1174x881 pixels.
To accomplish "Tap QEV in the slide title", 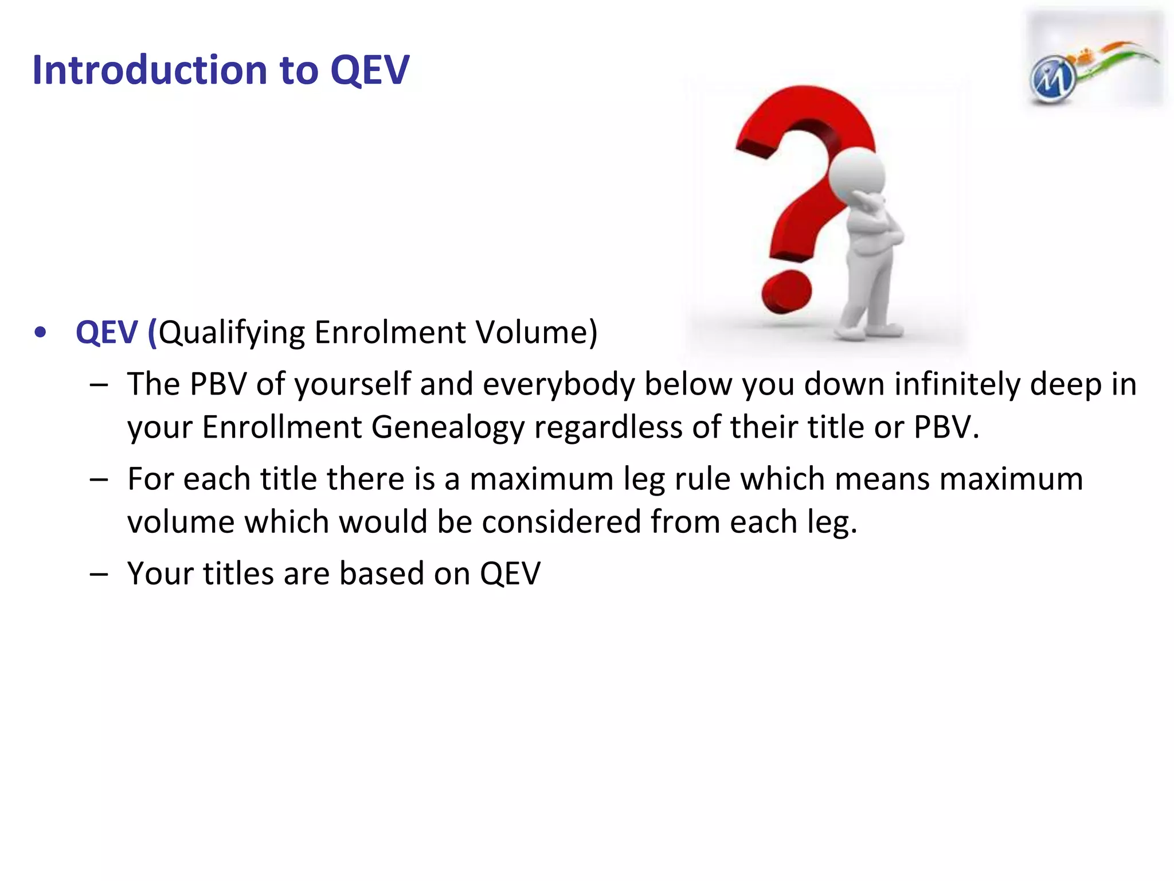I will pos(370,70).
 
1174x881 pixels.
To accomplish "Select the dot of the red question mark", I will pos(786,292).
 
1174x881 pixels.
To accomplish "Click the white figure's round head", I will pos(857,172).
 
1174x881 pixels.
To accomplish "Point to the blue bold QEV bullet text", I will pos(107,332).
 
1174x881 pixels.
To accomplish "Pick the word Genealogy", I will pos(448,427).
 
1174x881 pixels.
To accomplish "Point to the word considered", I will pos(561,522).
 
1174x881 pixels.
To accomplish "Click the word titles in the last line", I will pos(238,573).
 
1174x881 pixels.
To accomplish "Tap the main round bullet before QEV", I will pos(40,333).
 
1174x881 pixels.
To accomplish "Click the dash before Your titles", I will pos(99,574).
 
